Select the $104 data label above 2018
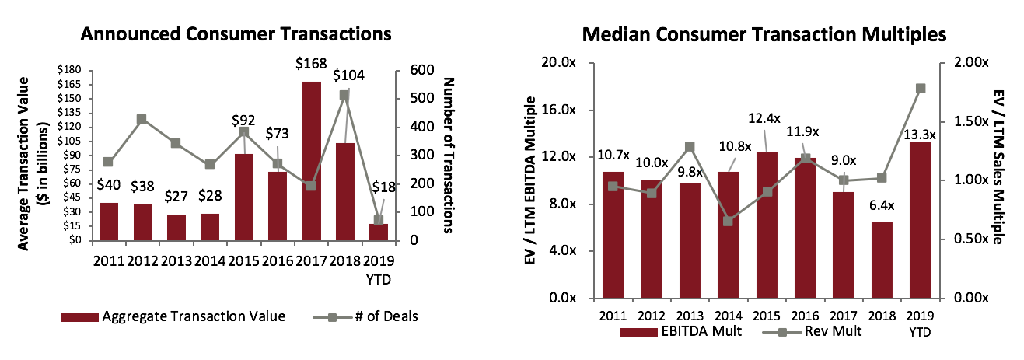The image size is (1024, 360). point(349,75)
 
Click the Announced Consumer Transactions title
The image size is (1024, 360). point(236,34)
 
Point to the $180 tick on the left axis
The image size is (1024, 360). point(69,71)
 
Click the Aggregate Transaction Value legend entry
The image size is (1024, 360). point(173,316)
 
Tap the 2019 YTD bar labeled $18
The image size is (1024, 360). point(379,232)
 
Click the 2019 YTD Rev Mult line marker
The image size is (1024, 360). point(921,89)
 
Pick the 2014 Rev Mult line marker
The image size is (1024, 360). point(729,222)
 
